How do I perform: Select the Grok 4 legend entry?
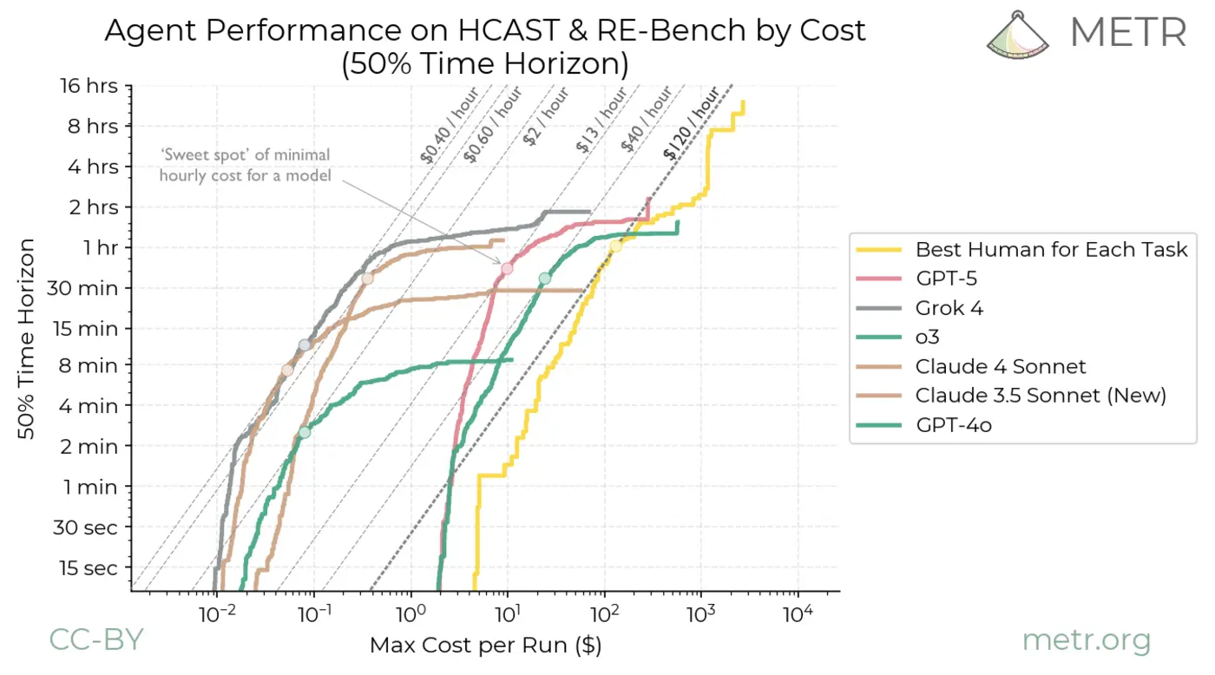tap(949, 308)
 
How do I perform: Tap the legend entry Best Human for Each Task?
tap(1051, 250)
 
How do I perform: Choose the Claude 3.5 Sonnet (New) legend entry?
tap(1041, 396)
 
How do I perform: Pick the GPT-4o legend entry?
tap(953, 425)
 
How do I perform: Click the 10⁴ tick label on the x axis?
tap(797, 614)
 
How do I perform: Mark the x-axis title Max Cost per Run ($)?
tap(485, 646)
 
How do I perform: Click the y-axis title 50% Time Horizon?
tap(28, 338)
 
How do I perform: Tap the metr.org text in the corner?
tap(1086, 641)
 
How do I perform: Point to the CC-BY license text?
tap(95, 639)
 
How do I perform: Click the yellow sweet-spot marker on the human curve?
tap(616, 246)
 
